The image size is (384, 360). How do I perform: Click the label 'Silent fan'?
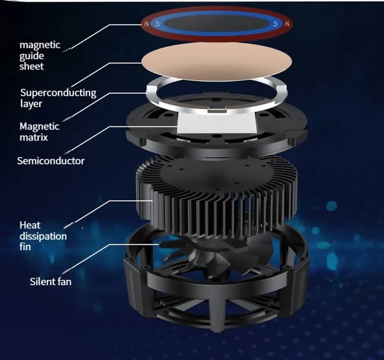(x=51, y=282)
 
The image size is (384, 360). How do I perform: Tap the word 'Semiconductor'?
(x=51, y=161)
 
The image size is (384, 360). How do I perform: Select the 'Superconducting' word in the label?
(x=58, y=93)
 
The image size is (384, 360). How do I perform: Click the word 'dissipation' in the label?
(x=43, y=236)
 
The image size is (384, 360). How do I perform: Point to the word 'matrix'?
(x=33, y=137)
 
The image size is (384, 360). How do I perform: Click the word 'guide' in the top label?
(x=32, y=56)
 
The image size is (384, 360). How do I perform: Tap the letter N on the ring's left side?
(x=147, y=24)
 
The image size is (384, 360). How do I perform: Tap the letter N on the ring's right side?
(x=287, y=24)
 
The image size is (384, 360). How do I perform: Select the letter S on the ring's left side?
(x=157, y=24)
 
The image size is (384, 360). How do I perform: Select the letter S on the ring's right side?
(x=275, y=24)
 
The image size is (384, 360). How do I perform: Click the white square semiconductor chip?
(x=217, y=124)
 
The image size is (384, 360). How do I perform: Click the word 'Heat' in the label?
(x=30, y=225)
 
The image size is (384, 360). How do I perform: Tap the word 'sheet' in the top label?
(x=32, y=66)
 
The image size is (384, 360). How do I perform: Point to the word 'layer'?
(x=31, y=104)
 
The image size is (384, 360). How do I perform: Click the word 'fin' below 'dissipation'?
(x=25, y=247)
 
